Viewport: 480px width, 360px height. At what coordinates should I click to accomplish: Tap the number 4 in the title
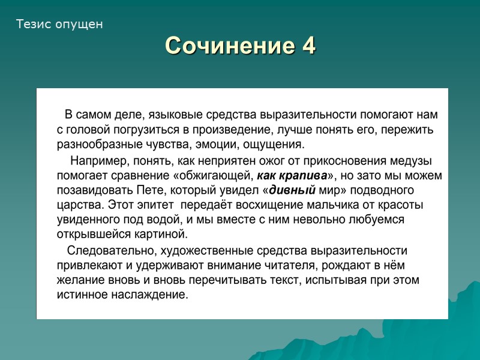309,46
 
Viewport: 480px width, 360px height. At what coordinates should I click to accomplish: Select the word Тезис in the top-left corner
33,25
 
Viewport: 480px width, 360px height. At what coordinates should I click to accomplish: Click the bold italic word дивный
292,191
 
